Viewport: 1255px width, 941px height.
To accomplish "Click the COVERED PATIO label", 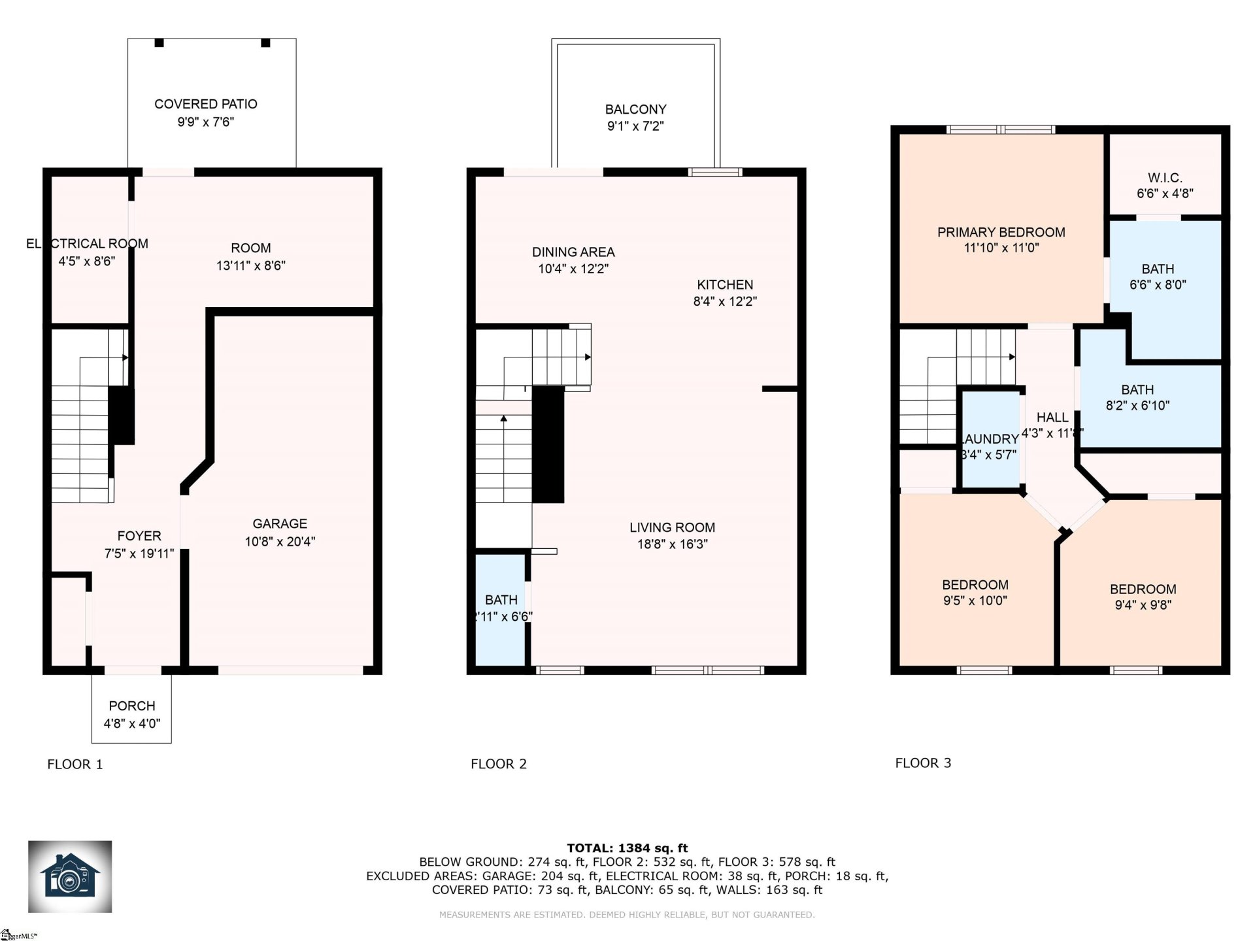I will tap(205, 104).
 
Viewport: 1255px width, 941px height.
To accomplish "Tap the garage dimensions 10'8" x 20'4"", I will tap(280, 541).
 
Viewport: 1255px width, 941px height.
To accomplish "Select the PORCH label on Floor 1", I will tap(132, 706).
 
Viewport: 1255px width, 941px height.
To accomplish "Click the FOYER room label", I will tap(139, 536).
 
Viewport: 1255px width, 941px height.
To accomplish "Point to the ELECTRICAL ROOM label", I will tap(87, 244).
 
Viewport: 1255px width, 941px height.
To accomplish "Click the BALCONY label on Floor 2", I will tap(635, 109).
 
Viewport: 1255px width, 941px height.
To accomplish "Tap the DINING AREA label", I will tap(573, 252).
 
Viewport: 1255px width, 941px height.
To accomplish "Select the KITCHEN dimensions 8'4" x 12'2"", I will tap(725, 301).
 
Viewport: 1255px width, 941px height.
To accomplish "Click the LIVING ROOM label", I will tap(672, 527).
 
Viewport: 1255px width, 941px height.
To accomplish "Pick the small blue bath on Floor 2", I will tap(501, 608).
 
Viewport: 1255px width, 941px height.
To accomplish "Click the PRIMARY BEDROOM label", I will tap(1001, 232).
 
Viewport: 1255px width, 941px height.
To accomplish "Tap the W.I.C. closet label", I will tap(1165, 178).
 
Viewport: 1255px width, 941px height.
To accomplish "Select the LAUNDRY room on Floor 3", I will tap(990, 439).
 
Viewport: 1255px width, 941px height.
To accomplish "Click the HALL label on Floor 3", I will tap(1052, 417).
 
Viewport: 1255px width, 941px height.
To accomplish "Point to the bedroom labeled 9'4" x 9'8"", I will tap(1143, 597).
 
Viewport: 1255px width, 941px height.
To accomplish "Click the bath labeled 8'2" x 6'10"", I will tap(1137, 397).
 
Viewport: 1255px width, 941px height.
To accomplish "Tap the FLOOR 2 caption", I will tap(498, 763).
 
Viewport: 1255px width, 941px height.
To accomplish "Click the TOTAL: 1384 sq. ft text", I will tap(627, 848).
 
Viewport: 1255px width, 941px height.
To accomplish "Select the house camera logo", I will tap(70, 876).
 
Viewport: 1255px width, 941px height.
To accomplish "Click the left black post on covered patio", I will tap(159, 42).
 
